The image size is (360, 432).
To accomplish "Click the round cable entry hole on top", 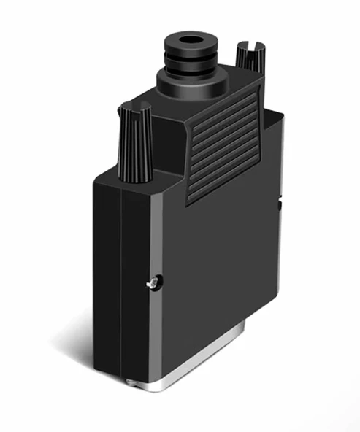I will pos(191,37).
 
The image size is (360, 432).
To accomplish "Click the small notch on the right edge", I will pos(281,206).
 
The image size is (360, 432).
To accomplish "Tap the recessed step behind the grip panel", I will pos(271,146).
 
